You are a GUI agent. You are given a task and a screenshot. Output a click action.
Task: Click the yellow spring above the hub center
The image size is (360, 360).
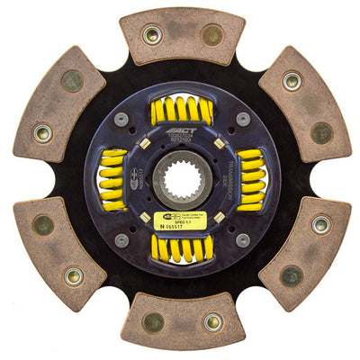click(x=181, y=111)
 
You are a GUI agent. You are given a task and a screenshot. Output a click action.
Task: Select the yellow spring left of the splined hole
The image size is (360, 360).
click(x=113, y=179)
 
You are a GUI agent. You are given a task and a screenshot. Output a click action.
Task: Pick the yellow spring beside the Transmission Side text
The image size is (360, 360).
click(x=249, y=179)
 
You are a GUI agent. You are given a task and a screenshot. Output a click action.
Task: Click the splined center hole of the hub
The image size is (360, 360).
click(x=181, y=178)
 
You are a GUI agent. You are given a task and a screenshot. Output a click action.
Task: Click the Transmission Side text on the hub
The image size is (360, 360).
click(x=231, y=179)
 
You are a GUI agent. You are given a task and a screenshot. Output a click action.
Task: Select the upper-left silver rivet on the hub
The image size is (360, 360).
click(x=121, y=118)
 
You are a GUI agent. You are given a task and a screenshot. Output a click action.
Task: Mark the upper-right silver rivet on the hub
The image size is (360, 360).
click(x=241, y=118)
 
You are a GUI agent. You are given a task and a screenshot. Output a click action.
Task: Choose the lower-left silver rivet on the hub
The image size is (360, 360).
click(x=121, y=240)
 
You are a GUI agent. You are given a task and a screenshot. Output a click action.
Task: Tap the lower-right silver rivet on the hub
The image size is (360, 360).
click(x=241, y=240)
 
